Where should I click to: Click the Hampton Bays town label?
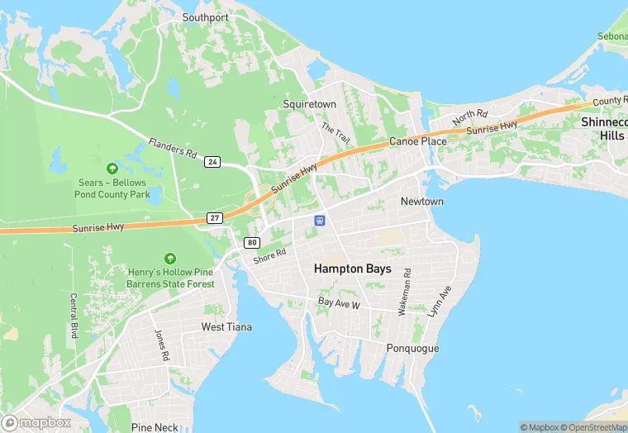tap(353, 269)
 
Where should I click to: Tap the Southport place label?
tap(205, 17)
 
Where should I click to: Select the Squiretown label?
tap(310, 105)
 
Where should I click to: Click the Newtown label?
tap(421, 202)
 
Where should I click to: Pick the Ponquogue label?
tap(412, 348)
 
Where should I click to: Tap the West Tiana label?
tap(227, 327)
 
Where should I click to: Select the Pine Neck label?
tap(155, 427)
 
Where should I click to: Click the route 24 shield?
tap(213, 162)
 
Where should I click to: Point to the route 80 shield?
tap(251, 242)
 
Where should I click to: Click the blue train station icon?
tap(320, 220)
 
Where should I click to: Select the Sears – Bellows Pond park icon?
tap(112, 169)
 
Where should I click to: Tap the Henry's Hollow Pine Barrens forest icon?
tap(170, 259)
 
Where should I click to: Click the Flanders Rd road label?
tap(173, 149)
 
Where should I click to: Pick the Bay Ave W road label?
tap(340, 305)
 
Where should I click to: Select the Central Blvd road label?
tap(74, 316)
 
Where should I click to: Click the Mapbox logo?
tap(36, 422)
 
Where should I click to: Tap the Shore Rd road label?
tap(269, 257)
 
